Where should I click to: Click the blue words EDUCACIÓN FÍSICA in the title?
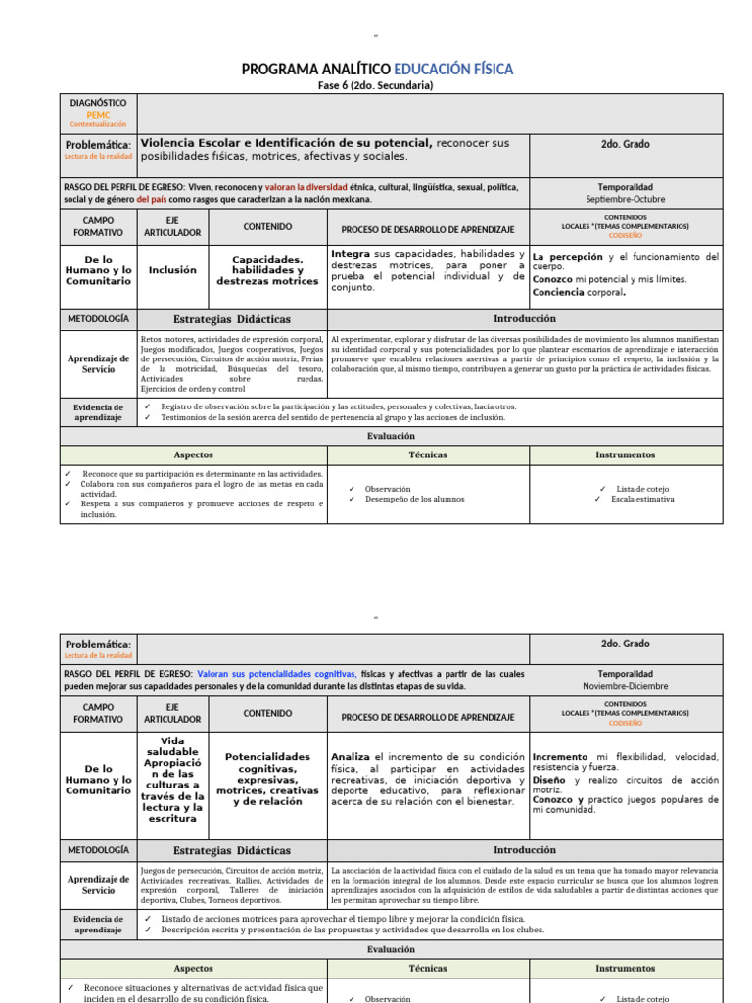[x=453, y=69]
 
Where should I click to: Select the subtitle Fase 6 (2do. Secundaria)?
[x=376, y=85]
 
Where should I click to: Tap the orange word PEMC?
[x=99, y=114]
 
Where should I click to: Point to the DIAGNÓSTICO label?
[x=99, y=102]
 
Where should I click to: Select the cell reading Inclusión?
[x=172, y=269]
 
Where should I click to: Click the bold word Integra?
[x=351, y=254]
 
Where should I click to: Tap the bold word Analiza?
[x=351, y=757]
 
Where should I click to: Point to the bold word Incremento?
[x=560, y=757]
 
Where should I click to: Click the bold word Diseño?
[x=549, y=781]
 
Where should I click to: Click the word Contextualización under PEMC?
[x=99, y=124]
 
